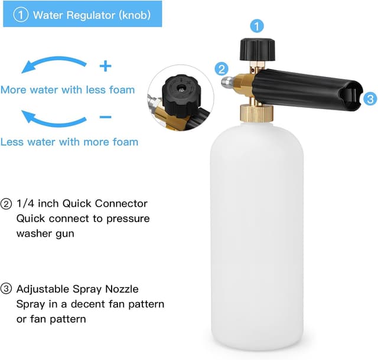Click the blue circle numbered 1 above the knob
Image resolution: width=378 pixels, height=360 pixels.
(256, 26)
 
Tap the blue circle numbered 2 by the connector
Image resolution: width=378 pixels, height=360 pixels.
(222, 68)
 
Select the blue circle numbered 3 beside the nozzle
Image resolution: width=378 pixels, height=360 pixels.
(370, 99)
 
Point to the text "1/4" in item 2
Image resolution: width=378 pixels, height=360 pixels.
(27, 204)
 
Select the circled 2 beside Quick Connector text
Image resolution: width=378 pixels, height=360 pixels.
(6, 204)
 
